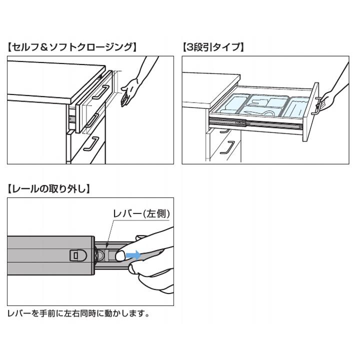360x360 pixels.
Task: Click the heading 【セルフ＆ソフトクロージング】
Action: pyautogui.click(x=72, y=47)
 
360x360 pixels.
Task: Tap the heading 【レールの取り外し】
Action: pyautogui.click(x=49, y=189)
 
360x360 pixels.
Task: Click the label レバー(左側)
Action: pyautogui.click(x=141, y=213)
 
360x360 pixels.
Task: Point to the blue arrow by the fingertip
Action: pyautogui.click(x=133, y=255)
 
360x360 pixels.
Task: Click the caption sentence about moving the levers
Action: pyautogui.click(x=78, y=314)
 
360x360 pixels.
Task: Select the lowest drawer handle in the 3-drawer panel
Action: pyautogui.click(x=228, y=148)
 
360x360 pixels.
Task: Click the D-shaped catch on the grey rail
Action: pyautogui.click(x=75, y=254)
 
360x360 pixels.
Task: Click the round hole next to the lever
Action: pyautogui.click(x=100, y=255)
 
